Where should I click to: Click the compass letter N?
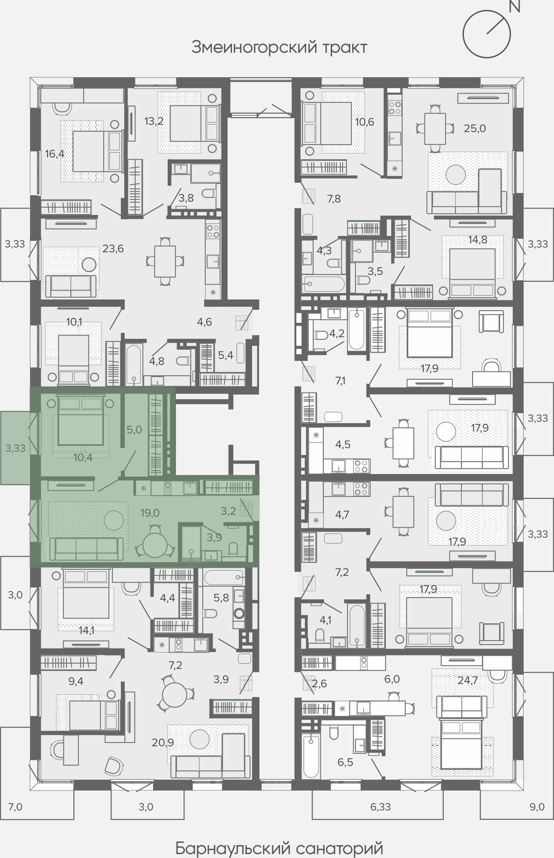(x=515, y=7)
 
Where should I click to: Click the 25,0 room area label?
(x=475, y=129)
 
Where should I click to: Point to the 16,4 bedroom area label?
(x=55, y=154)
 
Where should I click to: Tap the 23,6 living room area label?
(x=113, y=248)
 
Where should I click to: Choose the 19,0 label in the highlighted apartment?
(x=150, y=513)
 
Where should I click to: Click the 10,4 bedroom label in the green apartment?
(x=83, y=457)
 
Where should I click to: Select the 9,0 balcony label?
(x=537, y=807)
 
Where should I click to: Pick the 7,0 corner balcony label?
(x=15, y=807)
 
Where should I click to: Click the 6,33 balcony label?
(x=381, y=807)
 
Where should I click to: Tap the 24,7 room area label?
(x=468, y=681)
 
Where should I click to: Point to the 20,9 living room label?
(x=163, y=743)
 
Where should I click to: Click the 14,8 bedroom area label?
(x=478, y=240)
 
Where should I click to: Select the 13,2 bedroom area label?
(x=154, y=121)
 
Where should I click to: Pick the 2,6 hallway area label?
(x=319, y=684)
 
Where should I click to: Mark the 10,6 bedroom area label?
(x=365, y=122)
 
